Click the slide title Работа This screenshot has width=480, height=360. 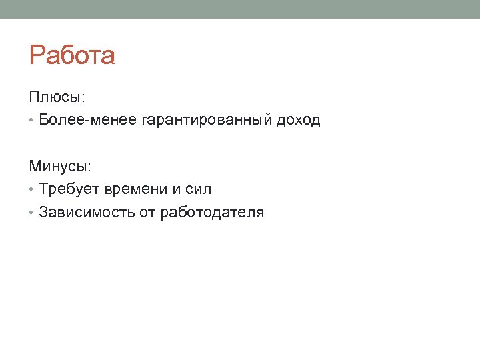point(72,56)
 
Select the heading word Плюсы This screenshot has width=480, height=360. point(55,97)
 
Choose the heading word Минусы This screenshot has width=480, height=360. point(59,166)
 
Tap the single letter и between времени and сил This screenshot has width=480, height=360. point(177,189)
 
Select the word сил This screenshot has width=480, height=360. point(199,189)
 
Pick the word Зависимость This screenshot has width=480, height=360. point(87,213)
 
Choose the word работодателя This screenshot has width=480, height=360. point(212,213)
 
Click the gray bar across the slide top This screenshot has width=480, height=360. point(240,9)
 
